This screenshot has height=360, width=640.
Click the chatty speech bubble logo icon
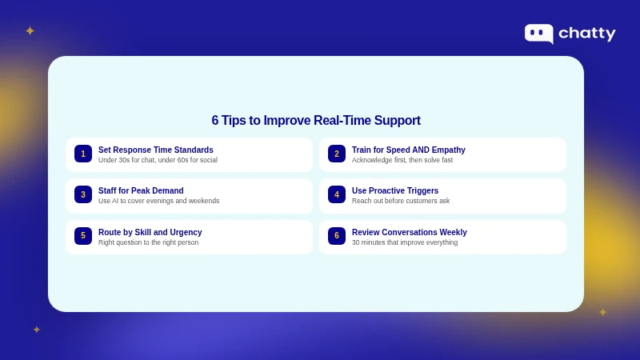538,33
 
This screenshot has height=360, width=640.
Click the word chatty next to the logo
586,34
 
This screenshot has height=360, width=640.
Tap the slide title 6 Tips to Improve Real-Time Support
316,121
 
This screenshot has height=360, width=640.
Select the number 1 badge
83,154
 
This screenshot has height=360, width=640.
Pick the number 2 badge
337,154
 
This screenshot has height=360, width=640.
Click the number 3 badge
83,194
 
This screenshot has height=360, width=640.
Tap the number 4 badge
337,194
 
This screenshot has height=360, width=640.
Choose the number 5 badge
83,236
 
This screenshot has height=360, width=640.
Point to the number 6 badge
337,236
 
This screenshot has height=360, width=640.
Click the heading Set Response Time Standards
156,150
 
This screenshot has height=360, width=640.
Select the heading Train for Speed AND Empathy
408,150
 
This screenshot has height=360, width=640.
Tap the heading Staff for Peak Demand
141,190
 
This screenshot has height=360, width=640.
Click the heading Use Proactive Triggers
395,190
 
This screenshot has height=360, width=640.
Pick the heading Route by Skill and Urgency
150,232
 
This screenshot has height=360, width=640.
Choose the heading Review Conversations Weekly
410,232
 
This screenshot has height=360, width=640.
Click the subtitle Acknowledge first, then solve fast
402,160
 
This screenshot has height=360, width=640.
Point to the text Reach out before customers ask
401,201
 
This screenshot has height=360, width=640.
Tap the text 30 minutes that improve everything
405,242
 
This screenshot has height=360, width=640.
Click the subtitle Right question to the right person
148,242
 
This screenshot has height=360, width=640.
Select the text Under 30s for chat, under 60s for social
158,160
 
